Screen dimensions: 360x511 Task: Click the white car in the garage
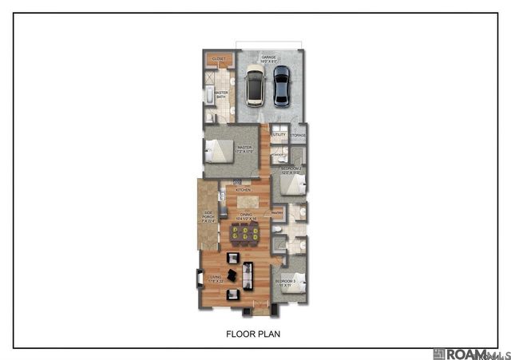coord(254,86)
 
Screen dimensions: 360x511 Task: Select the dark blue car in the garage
coord(280,85)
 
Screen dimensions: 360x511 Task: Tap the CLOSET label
coord(219,59)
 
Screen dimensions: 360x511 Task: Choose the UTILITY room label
coord(278,135)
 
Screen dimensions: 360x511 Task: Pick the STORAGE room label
coord(298,135)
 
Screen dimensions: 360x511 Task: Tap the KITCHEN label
coord(243,190)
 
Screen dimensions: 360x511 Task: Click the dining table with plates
coord(244,233)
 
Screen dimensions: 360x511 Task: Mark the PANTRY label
coord(278,213)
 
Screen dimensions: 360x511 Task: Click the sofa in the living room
coord(248,275)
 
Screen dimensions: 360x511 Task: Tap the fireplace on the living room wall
coord(200,279)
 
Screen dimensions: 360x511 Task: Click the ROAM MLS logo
coord(468,353)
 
